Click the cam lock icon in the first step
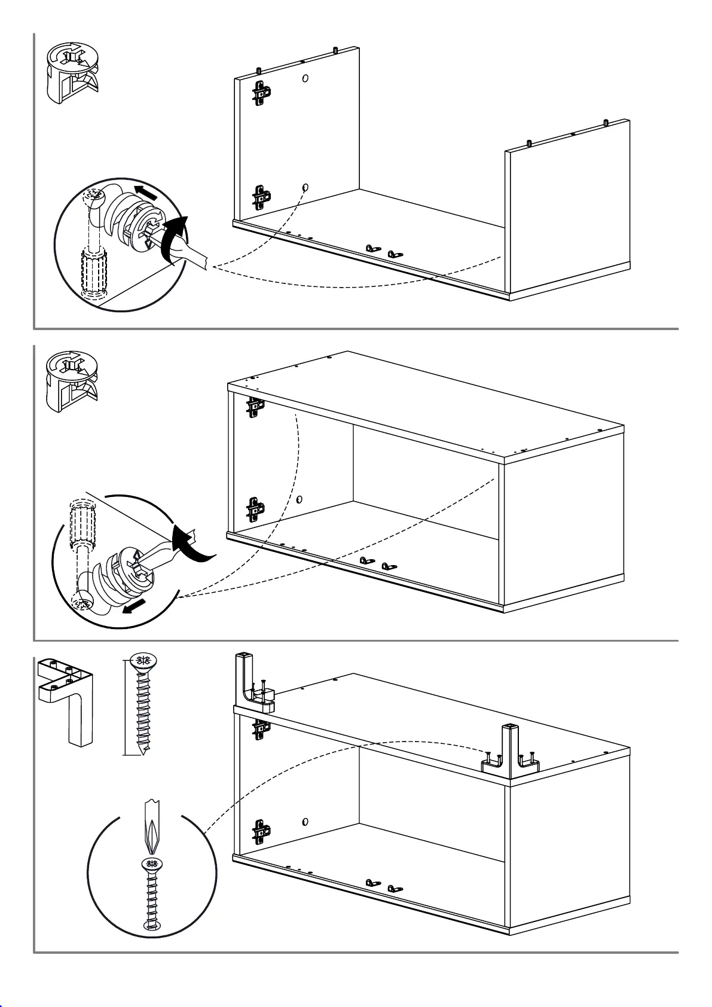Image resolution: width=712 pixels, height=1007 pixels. point(72,72)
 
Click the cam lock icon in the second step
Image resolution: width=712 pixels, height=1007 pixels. point(72,382)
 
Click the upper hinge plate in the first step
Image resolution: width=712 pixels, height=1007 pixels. point(261,93)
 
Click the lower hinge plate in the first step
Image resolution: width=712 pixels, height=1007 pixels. point(261,197)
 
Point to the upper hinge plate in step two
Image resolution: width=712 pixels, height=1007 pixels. point(256,407)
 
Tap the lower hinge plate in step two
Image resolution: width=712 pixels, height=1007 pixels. point(256,509)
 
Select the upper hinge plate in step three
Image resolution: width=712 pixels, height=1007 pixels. point(261,727)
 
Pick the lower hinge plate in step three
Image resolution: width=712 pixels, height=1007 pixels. point(261,831)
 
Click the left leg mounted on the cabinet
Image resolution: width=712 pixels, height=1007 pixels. point(251,682)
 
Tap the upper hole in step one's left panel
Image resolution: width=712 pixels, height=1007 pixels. point(305,78)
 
